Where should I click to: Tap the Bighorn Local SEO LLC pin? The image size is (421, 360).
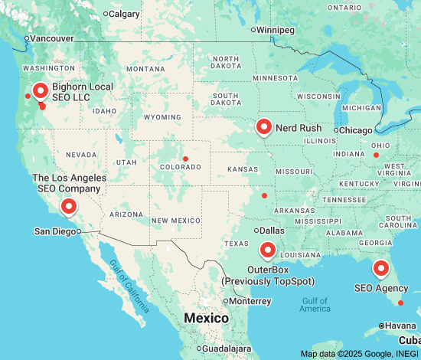coord(40,91)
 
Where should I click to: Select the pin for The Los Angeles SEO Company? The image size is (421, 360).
coord(69,206)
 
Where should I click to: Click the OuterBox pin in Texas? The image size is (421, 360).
coord(267,250)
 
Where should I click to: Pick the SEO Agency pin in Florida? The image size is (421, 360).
coord(380,269)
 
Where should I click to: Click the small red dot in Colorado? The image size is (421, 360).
coord(185,159)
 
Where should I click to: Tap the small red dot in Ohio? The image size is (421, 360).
coord(376,155)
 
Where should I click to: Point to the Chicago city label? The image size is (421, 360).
coord(355,130)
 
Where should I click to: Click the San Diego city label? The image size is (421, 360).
coord(56,231)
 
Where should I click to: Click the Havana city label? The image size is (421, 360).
coord(400,326)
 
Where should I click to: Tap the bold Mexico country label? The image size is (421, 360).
coord(206,318)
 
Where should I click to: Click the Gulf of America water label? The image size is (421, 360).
coord(315,304)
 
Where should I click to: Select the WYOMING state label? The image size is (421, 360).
coord(162,117)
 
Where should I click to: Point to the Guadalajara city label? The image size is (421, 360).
coord(227,349)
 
